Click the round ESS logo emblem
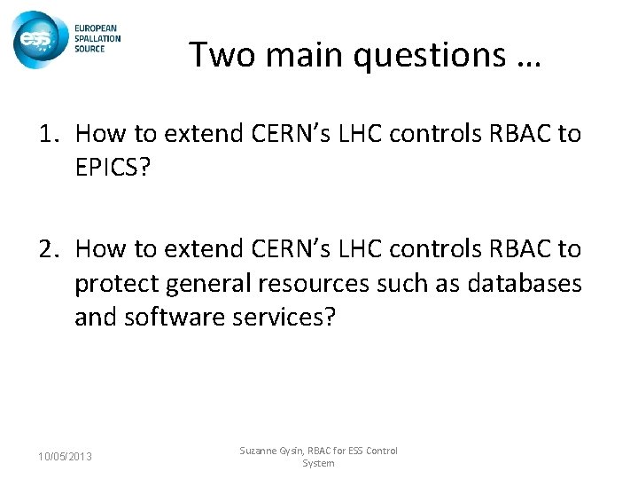click(37, 38)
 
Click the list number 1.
click(46, 134)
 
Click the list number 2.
click(46, 250)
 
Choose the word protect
click(113, 285)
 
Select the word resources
click(332, 285)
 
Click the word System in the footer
click(318, 463)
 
